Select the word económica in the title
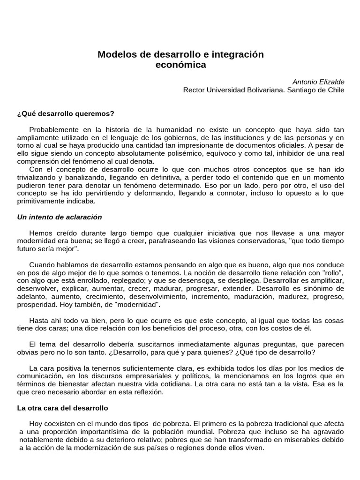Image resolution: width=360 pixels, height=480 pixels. (180, 65)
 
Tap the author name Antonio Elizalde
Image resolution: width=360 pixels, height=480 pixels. (318, 82)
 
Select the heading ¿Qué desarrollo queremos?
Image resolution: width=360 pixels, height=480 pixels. (66, 113)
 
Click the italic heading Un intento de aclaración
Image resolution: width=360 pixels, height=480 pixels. (60, 217)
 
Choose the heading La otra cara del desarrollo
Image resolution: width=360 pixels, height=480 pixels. (63, 408)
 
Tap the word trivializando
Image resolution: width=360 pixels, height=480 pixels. (39, 178)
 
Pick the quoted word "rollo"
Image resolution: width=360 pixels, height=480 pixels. (332, 273)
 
